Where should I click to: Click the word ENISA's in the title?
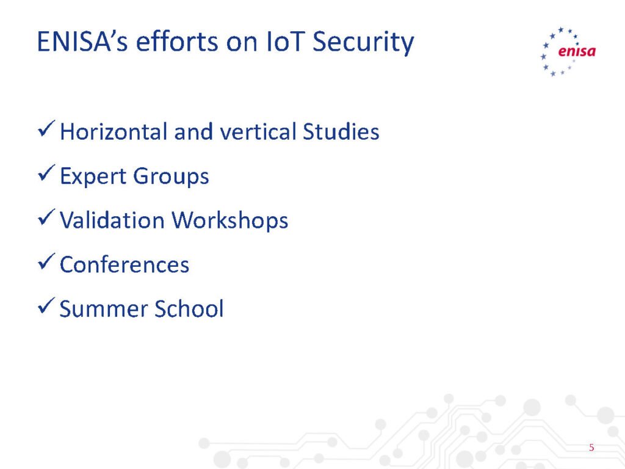click(x=82, y=42)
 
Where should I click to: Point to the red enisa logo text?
click(x=577, y=51)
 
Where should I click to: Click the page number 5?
click(x=591, y=448)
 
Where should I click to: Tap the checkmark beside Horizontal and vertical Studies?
click(x=46, y=129)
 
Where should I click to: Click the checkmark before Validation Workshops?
click(x=46, y=217)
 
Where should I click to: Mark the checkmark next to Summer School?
click(x=46, y=306)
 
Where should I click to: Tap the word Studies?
click(x=341, y=132)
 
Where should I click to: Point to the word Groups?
click(x=171, y=176)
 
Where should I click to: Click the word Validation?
click(x=112, y=220)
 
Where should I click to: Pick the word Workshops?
click(x=230, y=221)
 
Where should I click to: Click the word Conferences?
click(x=125, y=265)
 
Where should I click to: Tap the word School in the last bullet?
click(x=189, y=308)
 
